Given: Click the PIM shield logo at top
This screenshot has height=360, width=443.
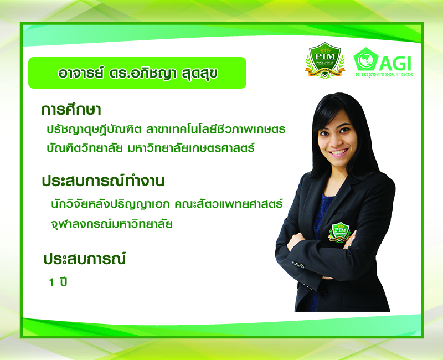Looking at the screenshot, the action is point(325,60).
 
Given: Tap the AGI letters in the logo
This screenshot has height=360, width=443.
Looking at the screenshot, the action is point(395,63).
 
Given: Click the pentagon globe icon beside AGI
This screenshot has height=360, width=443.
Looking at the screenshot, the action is point(366,59).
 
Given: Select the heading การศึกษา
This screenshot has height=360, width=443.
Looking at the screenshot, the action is point(71,109).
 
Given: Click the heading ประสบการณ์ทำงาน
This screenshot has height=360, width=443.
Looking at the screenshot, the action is point(103,181).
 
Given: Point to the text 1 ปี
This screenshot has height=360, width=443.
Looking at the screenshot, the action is point(58,282).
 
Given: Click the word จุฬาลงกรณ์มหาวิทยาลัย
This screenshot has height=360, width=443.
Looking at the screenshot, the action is point(112,224).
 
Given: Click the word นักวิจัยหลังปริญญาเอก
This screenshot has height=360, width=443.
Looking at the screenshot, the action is point(110,203).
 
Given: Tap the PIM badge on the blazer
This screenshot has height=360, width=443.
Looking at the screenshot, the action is point(339,232).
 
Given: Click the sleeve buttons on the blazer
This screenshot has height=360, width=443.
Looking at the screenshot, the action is point(298,265).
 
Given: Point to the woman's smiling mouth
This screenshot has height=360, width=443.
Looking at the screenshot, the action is point(339,152).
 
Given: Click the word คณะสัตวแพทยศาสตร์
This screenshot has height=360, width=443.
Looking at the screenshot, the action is point(229,203).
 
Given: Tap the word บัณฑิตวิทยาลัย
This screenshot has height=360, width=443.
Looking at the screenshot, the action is point(85,147).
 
